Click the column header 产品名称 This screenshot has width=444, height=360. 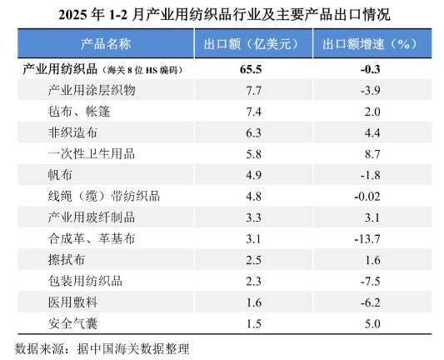click(106, 44)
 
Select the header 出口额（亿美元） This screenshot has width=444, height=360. click(251, 44)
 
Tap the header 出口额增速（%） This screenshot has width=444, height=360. click(370, 44)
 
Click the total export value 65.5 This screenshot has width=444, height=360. click(251, 69)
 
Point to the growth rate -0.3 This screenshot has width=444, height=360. click(371, 69)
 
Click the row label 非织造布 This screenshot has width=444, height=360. click(72, 132)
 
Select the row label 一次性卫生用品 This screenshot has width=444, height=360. click(91, 154)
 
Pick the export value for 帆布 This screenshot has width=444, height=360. click(253, 175)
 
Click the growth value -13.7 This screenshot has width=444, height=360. click(367, 239)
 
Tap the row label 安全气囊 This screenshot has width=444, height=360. click(72, 323)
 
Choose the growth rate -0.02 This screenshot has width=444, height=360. click(367, 197)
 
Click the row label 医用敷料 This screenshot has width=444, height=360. click(72, 302)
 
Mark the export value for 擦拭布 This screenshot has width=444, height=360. click(253, 260)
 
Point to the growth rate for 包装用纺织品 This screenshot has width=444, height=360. click(371, 282)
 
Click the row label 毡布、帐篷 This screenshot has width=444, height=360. click(78, 112)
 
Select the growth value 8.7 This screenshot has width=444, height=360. click(372, 154)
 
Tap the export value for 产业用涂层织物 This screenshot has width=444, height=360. click(253, 91)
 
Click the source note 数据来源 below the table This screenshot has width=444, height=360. click(39, 348)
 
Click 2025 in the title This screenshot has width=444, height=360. click(73, 15)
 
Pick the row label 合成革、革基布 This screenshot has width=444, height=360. click(91, 239)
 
